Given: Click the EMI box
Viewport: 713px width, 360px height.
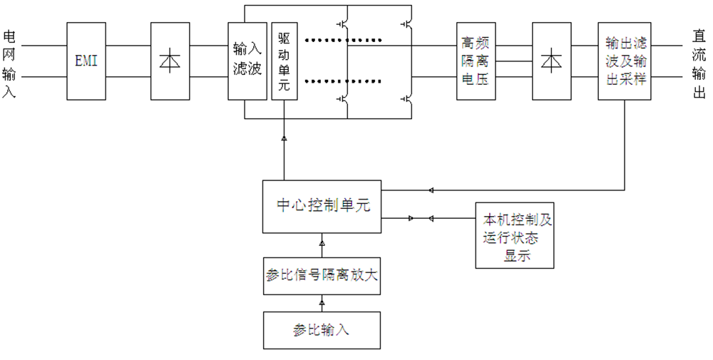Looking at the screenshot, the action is tap(86, 61).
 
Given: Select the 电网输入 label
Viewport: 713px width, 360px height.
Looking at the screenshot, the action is tap(9, 64).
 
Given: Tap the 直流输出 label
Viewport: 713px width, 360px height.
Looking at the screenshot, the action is tap(699, 64).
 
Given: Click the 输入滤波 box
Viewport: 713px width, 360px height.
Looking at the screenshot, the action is tap(247, 61).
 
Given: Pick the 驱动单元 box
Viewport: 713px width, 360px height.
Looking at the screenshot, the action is tap(284, 61).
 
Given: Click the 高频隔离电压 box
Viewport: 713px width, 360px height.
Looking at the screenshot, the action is tap(476, 61).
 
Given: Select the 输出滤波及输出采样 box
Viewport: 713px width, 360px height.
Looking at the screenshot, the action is tap(625, 61).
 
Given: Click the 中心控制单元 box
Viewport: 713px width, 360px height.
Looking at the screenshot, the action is tap(322, 207).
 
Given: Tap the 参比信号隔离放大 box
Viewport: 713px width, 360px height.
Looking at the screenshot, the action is tap(322, 276).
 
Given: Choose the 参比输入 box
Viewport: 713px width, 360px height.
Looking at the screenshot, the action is tap(322, 330).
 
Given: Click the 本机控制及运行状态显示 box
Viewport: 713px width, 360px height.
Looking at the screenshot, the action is tap(515, 235).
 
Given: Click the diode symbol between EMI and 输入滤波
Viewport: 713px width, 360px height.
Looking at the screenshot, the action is tap(170, 61).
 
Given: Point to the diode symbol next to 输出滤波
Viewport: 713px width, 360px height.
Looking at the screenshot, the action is tap(552, 61).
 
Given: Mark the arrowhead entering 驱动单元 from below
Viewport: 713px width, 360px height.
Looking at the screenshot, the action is tap(284, 138).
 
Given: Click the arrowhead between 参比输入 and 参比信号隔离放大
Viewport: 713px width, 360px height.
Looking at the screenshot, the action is tap(322, 302).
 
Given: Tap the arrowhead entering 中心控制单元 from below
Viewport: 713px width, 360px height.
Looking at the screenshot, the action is tap(322, 243).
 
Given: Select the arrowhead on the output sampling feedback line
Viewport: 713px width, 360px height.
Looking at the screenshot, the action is tap(431, 190).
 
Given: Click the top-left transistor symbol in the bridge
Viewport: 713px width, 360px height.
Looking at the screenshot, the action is tap(344, 26).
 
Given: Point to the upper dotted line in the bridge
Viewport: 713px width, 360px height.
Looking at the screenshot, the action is tap(344, 40).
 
